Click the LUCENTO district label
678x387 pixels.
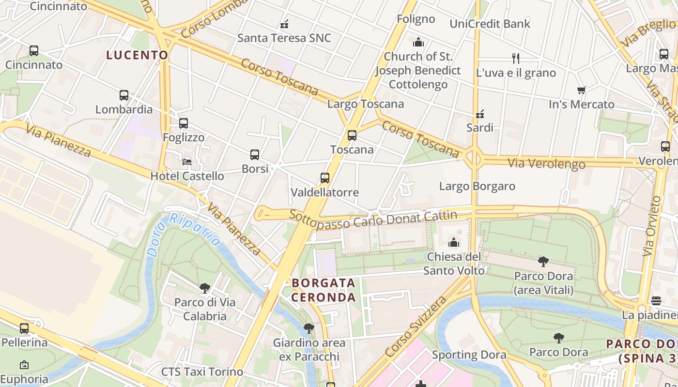(x=137, y=55)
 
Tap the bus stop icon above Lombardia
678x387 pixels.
(x=124, y=95)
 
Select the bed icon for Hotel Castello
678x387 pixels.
(x=187, y=162)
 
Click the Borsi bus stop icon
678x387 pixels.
(x=255, y=155)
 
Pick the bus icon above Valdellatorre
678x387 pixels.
(x=325, y=178)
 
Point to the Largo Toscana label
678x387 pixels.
(x=366, y=104)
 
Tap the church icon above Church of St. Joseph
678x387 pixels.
(x=418, y=43)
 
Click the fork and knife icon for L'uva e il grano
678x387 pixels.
(x=516, y=59)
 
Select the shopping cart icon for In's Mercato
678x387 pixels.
(x=582, y=90)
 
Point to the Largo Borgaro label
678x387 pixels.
(x=477, y=186)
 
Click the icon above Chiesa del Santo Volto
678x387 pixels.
(x=454, y=242)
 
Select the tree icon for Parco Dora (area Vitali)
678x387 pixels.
(x=543, y=262)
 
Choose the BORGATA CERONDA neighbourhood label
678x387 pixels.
(x=324, y=290)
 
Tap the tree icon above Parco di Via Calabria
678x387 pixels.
(x=205, y=288)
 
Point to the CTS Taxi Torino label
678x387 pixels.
(x=202, y=372)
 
